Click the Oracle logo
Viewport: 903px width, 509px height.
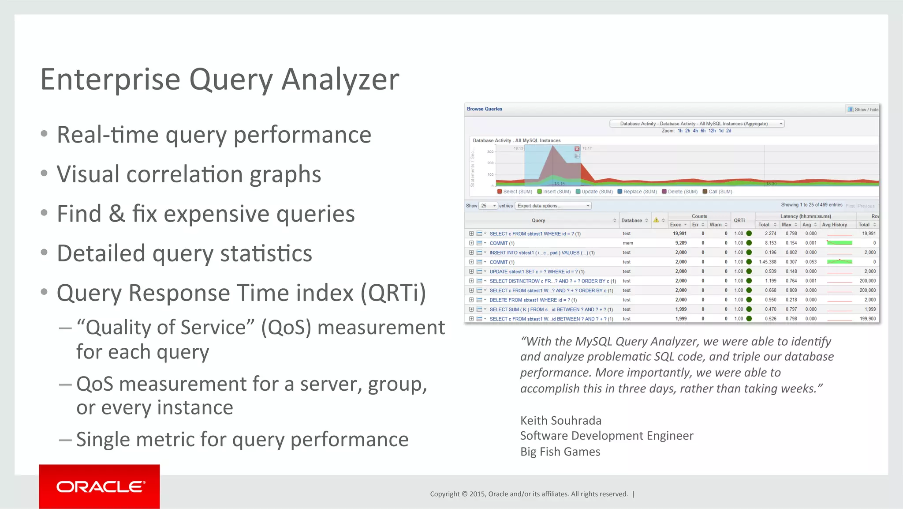100,486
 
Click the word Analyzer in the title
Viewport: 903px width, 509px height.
340,79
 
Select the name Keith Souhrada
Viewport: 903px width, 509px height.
560,420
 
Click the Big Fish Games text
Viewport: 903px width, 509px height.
560,452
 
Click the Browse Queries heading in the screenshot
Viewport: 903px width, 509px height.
484,109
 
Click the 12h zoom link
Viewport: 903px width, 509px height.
712,131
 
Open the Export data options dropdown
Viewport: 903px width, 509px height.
553,206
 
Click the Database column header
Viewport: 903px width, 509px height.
631,220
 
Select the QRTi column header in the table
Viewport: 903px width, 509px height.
739,220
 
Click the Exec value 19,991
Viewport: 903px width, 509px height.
679,234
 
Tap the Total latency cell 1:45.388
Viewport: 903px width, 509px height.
767,262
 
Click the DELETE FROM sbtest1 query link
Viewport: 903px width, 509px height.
533,300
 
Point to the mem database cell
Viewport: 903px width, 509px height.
627,243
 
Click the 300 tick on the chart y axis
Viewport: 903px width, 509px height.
490,152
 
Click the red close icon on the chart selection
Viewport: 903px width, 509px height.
577,149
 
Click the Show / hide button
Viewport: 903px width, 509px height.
862,109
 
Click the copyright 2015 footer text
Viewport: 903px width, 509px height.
529,494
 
